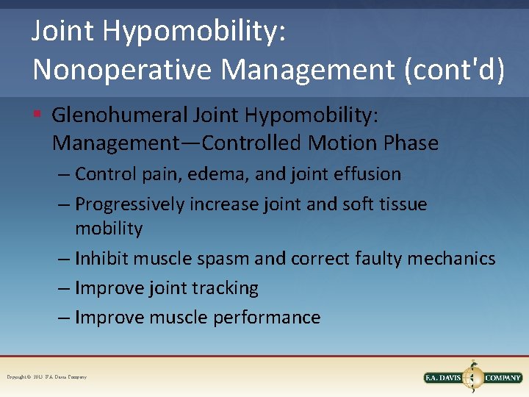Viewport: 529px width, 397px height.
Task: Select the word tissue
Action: coord(397,204)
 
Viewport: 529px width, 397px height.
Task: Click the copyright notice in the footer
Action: coord(46,377)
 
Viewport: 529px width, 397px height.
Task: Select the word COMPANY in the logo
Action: coord(503,377)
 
